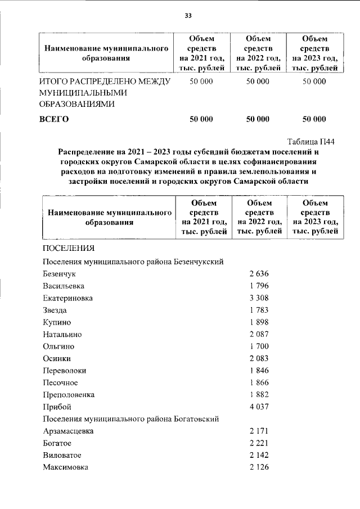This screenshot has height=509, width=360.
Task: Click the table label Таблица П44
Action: pyautogui.click(x=311, y=141)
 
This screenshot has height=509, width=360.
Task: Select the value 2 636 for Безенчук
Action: pyautogui.click(x=259, y=274)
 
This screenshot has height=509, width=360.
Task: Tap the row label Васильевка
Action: pyautogui.click(x=64, y=286)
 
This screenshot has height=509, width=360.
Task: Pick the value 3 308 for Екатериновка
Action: pyautogui.click(x=259, y=298)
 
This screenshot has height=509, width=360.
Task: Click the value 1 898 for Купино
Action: pyautogui.click(x=259, y=322)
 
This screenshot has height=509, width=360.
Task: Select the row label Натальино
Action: pyautogui.click(x=63, y=334)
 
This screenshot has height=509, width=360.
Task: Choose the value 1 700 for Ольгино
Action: pyautogui.click(x=259, y=346)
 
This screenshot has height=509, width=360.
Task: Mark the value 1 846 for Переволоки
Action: pyautogui.click(x=259, y=371)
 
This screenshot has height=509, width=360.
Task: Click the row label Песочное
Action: pyautogui.click(x=60, y=382)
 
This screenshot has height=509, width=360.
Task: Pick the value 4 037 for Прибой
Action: pyautogui.click(x=259, y=407)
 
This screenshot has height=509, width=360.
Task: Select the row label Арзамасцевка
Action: pyautogui.click(x=68, y=431)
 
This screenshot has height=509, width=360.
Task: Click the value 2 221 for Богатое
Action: pyautogui.click(x=259, y=443)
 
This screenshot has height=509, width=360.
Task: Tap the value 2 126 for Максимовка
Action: pyautogui.click(x=259, y=467)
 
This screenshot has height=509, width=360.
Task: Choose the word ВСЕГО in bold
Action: pyautogui.click(x=53, y=119)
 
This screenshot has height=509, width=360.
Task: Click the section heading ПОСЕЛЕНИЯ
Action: pyautogui.click(x=68, y=248)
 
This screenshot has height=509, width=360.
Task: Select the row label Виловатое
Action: pyautogui.click(x=62, y=455)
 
